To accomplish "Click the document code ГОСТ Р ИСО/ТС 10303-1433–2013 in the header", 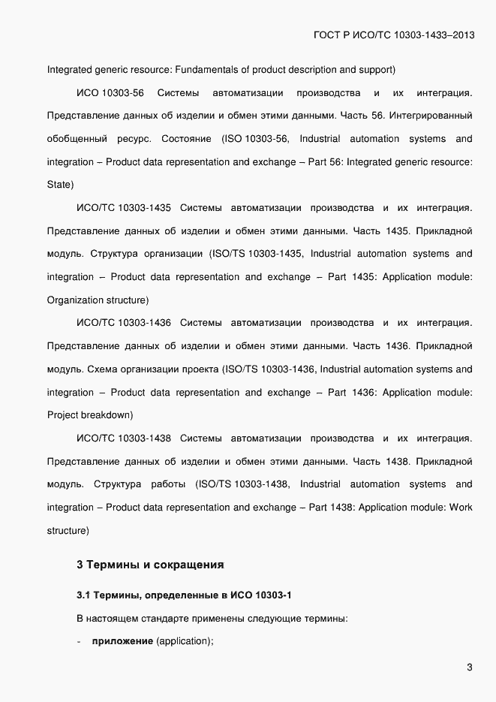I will (392, 35).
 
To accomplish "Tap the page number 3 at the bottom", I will (470, 667).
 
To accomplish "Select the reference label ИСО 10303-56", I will (110, 93).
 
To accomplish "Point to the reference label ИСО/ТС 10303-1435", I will (124, 208).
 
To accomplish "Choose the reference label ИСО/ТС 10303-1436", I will (124, 323).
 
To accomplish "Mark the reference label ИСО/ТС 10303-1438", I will (124, 438).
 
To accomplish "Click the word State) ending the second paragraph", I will (60, 184).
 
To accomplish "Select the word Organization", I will (75, 300).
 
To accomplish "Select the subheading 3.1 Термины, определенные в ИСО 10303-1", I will (184, 596).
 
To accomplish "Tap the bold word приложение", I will (122, 642).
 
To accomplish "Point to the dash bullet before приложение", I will (80, 642).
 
